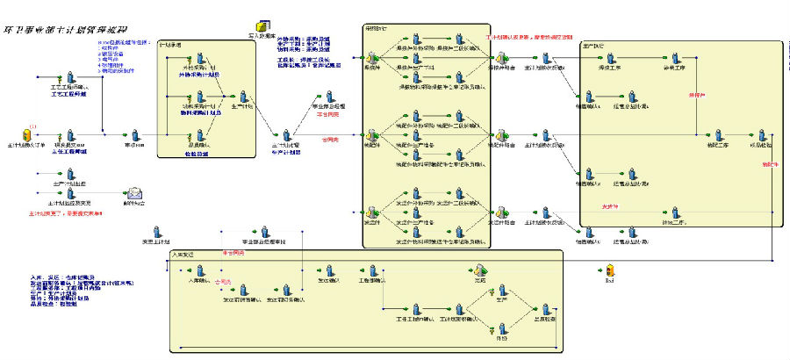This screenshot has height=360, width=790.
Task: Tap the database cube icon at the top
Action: (261, 29)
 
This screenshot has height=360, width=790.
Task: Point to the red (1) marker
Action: (32, 124)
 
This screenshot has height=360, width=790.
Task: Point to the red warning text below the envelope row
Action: (67, 213)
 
